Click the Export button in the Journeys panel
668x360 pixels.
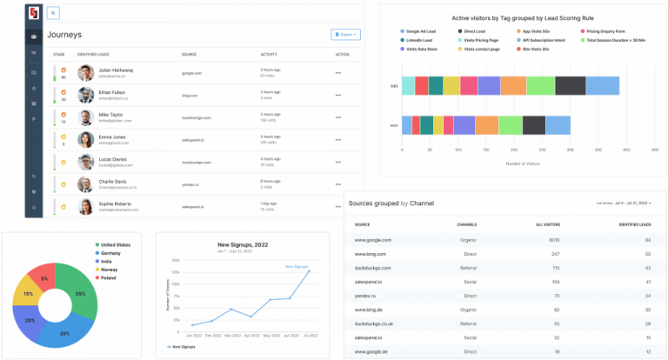(345, 35)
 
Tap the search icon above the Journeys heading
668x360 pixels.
(53, 13)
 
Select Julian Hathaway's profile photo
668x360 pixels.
(85, 73)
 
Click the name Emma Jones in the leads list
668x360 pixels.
(112, 137)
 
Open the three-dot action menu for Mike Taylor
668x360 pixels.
(338, 117)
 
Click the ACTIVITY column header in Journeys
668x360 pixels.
(269, 54)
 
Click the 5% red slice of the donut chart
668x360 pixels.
(44, 277)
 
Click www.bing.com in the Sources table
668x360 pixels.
(371, 254)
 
